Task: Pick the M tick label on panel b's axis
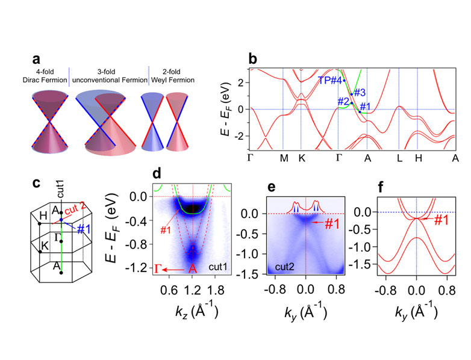point(283,158)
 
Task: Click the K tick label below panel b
point(301,158)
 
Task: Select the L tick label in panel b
point(398,158)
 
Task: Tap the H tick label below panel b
point(417,158)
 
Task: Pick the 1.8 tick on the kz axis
point(217,289)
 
